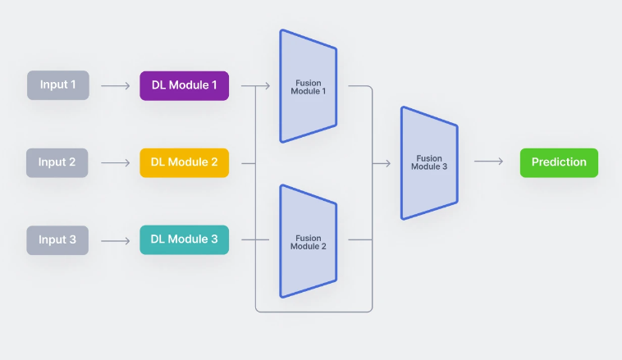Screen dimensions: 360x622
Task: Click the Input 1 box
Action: coord(57,85)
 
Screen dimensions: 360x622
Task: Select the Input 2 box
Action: coord(57,162)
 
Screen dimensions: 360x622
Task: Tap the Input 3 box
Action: coord(57,239)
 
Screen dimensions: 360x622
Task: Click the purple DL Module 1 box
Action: coord(184,85)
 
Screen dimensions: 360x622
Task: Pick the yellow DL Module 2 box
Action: coord(184,162)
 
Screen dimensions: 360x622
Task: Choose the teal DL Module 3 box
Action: coord(184,239)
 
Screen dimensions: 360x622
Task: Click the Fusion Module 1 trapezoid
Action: coord(308,86)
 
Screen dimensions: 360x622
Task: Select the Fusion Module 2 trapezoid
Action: coord(308,241)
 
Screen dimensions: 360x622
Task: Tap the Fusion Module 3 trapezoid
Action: coord(428,163)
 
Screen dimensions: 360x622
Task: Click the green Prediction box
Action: coord(559,162)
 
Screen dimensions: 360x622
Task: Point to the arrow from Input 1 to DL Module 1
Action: coord(116,85)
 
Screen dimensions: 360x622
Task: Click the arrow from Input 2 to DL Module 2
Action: coord(116,162)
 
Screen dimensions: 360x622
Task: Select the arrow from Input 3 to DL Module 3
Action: coord(116,240)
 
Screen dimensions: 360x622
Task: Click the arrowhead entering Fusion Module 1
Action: coord(268,85)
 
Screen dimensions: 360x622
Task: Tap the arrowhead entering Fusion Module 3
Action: coord(387,163)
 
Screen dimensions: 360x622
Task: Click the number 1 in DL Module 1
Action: coord(214,85)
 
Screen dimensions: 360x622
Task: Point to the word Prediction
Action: coord(559,162)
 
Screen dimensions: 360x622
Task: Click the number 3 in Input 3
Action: coord(72,239)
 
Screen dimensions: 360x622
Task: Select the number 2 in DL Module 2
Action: coord(214,162)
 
